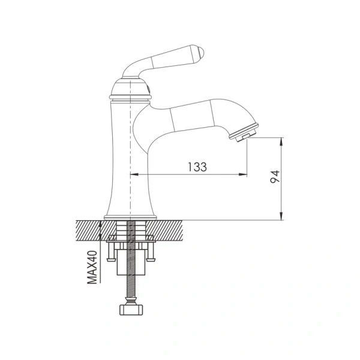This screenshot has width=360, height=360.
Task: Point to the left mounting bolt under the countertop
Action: [x=111, y=251]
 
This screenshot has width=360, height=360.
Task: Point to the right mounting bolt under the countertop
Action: [x=152, y=251]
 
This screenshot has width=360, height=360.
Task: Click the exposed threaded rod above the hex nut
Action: [x=131, y=282]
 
